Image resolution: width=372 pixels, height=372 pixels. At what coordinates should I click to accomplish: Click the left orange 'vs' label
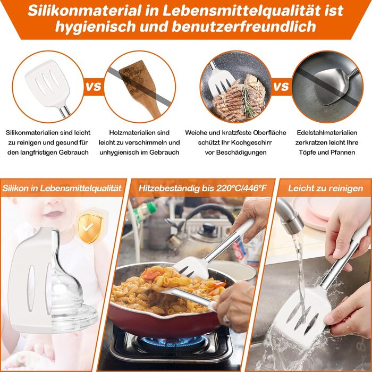(94, 86)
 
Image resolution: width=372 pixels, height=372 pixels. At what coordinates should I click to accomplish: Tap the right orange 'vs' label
(281, 86)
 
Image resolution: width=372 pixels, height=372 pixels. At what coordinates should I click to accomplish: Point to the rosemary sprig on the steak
(247, 100)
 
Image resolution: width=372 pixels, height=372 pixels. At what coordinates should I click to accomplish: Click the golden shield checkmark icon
(90, 229)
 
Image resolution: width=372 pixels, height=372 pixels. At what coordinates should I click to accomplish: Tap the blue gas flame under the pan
(173, 342)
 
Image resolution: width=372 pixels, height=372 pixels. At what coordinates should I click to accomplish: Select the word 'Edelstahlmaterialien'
(327, 133)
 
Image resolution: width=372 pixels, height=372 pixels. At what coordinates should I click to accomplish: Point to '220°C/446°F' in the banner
(241, 188)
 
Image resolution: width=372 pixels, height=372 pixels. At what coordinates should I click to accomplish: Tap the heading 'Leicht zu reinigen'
(325, 188)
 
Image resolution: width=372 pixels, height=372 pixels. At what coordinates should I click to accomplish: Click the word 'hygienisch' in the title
(95, 26)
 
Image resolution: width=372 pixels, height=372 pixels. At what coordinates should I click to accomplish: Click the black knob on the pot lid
(208, 228)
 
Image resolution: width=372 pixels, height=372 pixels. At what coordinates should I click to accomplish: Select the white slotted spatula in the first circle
(49, 84)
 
